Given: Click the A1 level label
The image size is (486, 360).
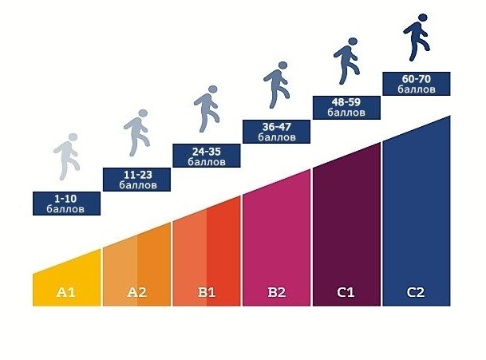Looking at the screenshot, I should [66, 292].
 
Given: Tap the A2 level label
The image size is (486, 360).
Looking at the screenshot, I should [136, 292].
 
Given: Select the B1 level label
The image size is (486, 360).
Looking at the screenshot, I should [207, 292].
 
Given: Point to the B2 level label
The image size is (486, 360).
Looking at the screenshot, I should [276, 292].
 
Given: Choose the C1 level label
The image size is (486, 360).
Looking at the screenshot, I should [346, 292].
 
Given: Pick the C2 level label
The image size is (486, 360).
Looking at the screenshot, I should [415, 292].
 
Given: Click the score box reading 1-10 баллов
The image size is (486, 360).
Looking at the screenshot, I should [67, 203].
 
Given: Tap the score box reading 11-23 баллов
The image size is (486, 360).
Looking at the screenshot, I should [136, 180].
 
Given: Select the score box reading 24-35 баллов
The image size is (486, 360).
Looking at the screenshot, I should [207, 156].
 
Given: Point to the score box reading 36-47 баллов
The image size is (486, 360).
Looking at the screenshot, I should [276, 132].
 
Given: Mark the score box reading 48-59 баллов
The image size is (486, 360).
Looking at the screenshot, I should [346, 108].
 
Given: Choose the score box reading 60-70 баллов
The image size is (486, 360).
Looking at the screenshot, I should [416, 84].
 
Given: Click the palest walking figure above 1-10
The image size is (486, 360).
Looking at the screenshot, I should [67, 156].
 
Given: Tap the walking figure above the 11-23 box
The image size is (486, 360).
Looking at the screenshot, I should [136, 133].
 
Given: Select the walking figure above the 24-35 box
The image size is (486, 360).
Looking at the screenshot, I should [206, 109].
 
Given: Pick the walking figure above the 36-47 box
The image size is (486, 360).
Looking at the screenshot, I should [275, 86].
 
